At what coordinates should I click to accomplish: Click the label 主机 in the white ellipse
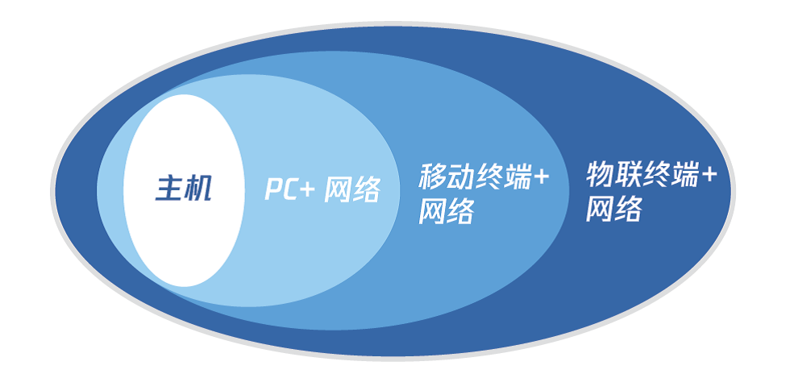pos(184,190)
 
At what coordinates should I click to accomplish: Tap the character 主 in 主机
pos(169,190)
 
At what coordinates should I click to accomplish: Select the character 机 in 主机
pos(198,190)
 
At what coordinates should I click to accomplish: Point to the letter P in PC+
pos(274,190)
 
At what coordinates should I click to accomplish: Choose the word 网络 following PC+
pos(351,190)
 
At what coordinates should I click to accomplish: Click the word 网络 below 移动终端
pos(446,212)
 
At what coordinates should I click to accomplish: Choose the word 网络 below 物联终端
pos(613,209)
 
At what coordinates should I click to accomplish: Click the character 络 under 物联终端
pos(628,209)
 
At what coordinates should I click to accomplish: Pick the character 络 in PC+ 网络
pos(366,190)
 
